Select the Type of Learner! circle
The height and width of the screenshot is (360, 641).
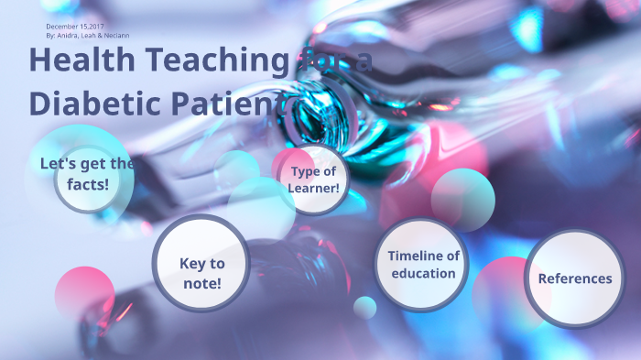tap(313, 180)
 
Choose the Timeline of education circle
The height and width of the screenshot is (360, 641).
tap(423, 265)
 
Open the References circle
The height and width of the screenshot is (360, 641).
tap(574, 278)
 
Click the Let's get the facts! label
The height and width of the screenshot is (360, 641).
tap(87, 173)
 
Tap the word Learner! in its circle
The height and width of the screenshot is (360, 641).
tap(313, 188)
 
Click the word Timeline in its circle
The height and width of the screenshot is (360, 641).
tap(423, 256)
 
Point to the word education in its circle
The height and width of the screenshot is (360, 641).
tap(423, 273)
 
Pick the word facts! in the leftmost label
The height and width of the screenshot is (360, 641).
tap(87, 183)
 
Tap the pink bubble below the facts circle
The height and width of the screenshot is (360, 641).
tap(85, 292)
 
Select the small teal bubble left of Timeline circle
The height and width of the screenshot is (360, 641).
tap(365, 308)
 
